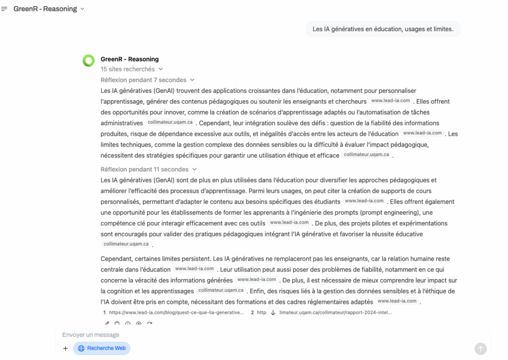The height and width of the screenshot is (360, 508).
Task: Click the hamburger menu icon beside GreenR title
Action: point(4,9)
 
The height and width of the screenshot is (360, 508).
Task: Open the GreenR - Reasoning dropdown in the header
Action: point(49,9)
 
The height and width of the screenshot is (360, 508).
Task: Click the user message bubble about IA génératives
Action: point(382,29)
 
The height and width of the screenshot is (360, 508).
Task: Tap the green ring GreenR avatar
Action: point(88,61)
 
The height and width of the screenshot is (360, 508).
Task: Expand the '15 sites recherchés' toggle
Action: point(131,69)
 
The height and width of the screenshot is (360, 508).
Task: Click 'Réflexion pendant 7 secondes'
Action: point(147,80)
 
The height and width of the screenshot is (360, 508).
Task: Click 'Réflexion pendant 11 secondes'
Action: point(148,169)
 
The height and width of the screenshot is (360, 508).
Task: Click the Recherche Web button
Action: point(102,348)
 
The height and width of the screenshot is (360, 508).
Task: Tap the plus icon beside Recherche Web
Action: point(65,348)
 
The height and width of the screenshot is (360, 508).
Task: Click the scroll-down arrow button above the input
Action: point(272,312)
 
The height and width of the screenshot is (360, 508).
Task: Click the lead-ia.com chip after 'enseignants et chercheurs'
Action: point(391,101)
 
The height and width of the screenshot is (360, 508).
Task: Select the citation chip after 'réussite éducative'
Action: point(126,244)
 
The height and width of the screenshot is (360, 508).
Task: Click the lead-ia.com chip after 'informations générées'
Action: point(256,280)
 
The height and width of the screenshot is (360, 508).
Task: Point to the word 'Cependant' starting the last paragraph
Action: point(115,259)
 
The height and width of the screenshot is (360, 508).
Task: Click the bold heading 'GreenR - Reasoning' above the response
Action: point(129,59)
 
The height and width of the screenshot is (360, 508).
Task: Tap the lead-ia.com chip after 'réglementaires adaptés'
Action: point(397,301)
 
